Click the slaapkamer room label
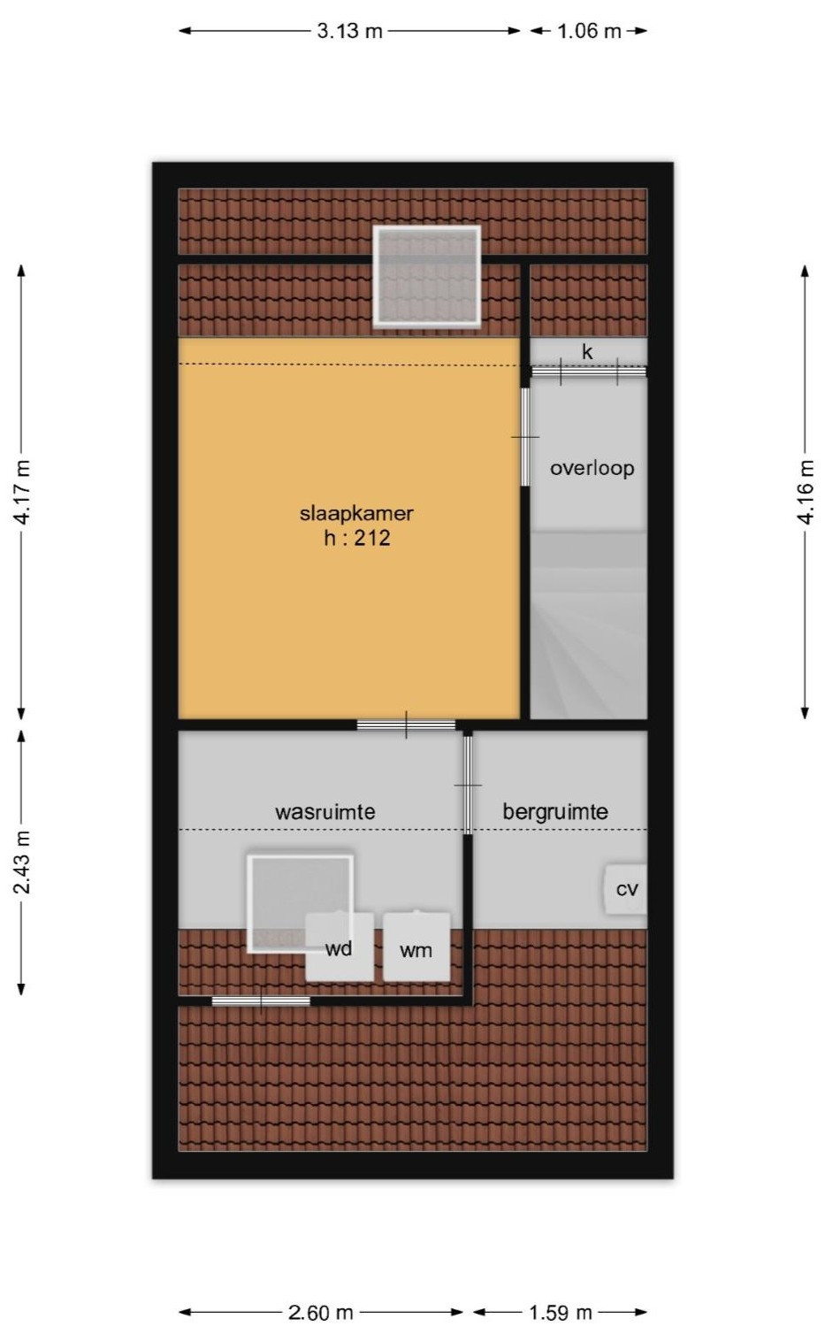[356, 512]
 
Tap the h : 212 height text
[356, 538]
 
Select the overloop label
[592, 468]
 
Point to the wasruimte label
[325, 811]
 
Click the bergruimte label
[555, 811]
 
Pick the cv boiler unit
[626, 889]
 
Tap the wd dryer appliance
[339, 948]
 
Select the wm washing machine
[416, 949]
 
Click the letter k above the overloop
[587, 352]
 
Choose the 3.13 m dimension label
[350, 31]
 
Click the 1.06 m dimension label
[589, 31]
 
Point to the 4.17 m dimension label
[22, 492]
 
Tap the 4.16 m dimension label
[806, 492]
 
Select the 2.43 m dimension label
[22, 862]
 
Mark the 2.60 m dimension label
[321, 1312]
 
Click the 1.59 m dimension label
[561, 1312]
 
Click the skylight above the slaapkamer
[427, 275]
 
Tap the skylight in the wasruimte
[300, 902]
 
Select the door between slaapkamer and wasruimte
[406, 725]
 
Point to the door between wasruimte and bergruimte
[468, 784]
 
